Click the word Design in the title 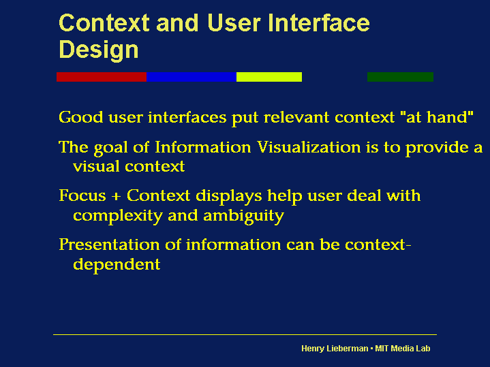click(x=98, y=50)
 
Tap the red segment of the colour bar click(x=102, y=77)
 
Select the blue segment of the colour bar click(x=192, y=77)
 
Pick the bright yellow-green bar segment click(x=269, y=77)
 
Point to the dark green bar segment click(x=400, y=77)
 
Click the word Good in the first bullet click(x=81, y=117)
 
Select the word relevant click(x=296, y=117)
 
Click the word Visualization click(x=309, y=147)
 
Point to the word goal click(x=110, y=148)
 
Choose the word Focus click(x=82, y=196)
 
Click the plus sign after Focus click(x=117, y=197)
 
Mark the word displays click(x=229, y=197)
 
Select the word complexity click(x=118, y=216)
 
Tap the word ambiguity click(x=244, y=216)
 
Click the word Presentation click(x=109, y=244)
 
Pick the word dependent click(x=117, y=265)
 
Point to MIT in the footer click(x=382, y=349)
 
